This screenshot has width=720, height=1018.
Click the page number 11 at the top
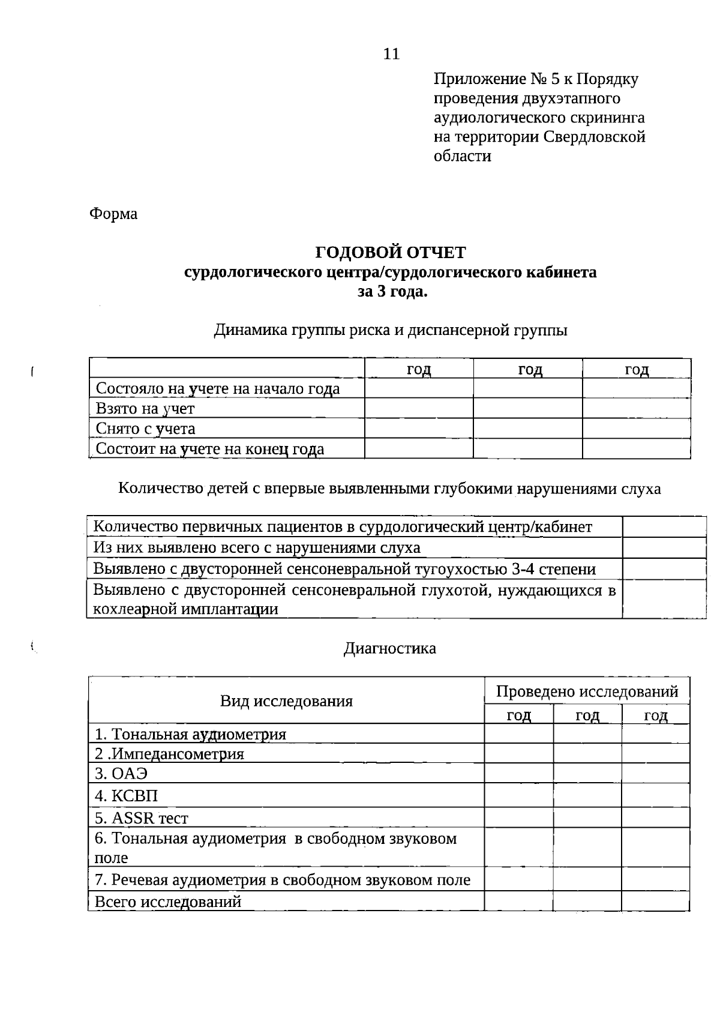click(391, 54)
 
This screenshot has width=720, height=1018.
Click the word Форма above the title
click(113, 214)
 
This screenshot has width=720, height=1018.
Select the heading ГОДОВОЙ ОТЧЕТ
click(390, 252)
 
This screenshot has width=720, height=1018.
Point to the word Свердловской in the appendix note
click(595, 137)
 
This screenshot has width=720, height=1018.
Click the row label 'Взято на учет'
click(145, 409)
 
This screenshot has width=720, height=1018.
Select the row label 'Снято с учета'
click(145, 429)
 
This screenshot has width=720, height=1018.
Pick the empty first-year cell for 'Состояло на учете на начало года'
click(419, 388)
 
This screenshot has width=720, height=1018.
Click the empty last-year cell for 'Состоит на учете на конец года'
click(636, 448)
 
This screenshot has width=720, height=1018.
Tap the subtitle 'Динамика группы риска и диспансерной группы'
click(391, 330)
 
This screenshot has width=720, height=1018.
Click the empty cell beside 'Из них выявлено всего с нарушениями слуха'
click(664, 547)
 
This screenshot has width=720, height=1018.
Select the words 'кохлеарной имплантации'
click(185, 609)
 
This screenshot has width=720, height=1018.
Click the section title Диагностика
click(390, 648)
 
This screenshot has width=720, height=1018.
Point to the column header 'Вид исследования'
click(286, 700)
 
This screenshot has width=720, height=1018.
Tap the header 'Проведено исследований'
click(587, 691)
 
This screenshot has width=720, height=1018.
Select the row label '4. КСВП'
click(127, 796)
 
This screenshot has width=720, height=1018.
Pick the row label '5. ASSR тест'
click(142, 818)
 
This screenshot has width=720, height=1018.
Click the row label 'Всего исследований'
click(168, 901)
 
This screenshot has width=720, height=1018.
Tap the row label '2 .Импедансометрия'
click(170, 754)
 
